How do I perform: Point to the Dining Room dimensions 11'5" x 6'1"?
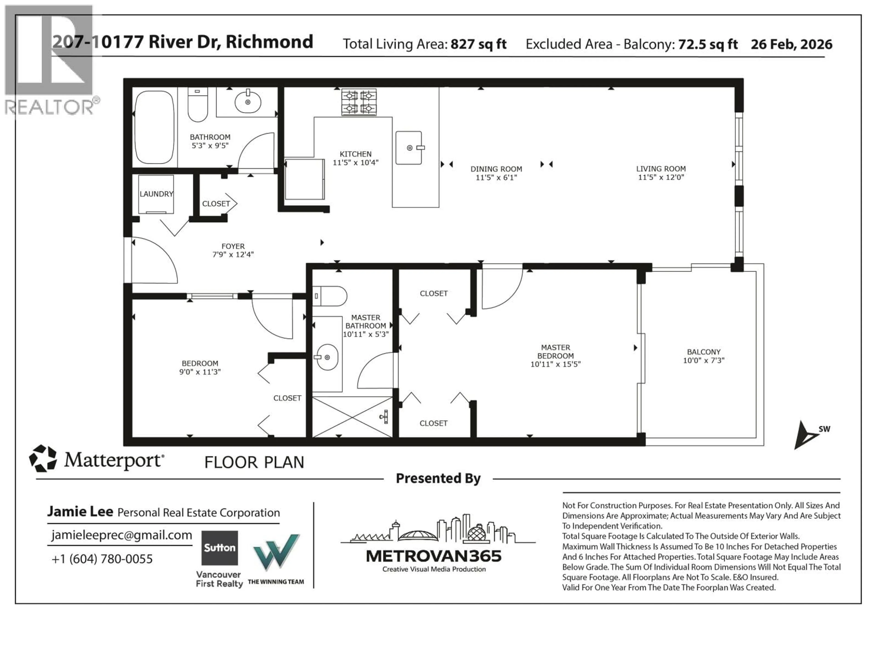coord(496,178)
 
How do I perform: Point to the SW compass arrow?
coord(805,436)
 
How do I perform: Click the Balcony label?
coord(703,352)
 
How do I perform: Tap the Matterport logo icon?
coord(43,458)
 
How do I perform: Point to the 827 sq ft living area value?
coord(478,44)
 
